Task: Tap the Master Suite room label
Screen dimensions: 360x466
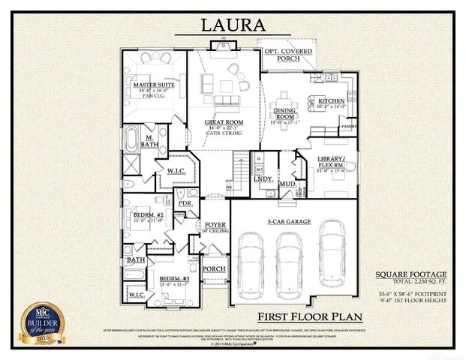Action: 155,85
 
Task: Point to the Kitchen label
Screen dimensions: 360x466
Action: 331,100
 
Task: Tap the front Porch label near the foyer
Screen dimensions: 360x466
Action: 214,268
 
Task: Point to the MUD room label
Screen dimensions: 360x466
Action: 287,182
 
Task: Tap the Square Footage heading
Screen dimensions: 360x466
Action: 414,274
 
